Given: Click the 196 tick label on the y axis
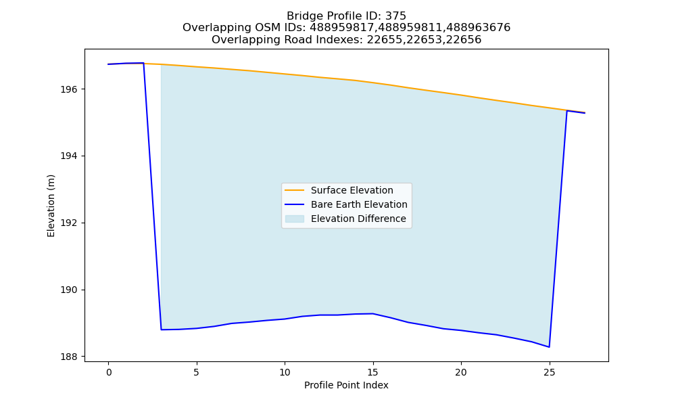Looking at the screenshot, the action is (x=69, y=89).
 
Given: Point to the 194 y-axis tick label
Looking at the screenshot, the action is (x=69, y=156).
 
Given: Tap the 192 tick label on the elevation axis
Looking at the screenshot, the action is (x=69, y=223).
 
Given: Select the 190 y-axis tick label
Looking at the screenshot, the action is (x=69, y=290).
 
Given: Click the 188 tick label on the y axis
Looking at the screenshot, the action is (x=69, y=357).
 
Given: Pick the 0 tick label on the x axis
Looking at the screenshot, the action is (x=109, y=372).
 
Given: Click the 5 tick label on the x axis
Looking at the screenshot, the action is (x=197, y=372).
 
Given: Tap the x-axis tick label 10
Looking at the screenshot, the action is (x=285, y=372).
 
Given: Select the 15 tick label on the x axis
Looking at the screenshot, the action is (x=373, y=372).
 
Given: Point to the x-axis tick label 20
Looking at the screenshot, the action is (x=461, y=372).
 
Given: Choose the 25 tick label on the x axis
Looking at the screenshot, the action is (x=549, y=372).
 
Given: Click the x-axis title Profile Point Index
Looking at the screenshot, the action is (x=346, y=385).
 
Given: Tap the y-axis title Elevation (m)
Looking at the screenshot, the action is (x=51, y=206).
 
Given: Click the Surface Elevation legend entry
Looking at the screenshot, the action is (x=352, y=190).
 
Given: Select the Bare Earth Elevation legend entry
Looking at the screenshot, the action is (x=359, y=204).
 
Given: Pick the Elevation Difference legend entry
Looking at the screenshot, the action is (x=358, y=219).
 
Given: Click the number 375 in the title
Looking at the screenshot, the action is (x=397, y=16).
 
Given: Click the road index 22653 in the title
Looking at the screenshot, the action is (x=416, y=40).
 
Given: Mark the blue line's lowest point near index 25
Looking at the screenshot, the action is (x=549, y=347).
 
